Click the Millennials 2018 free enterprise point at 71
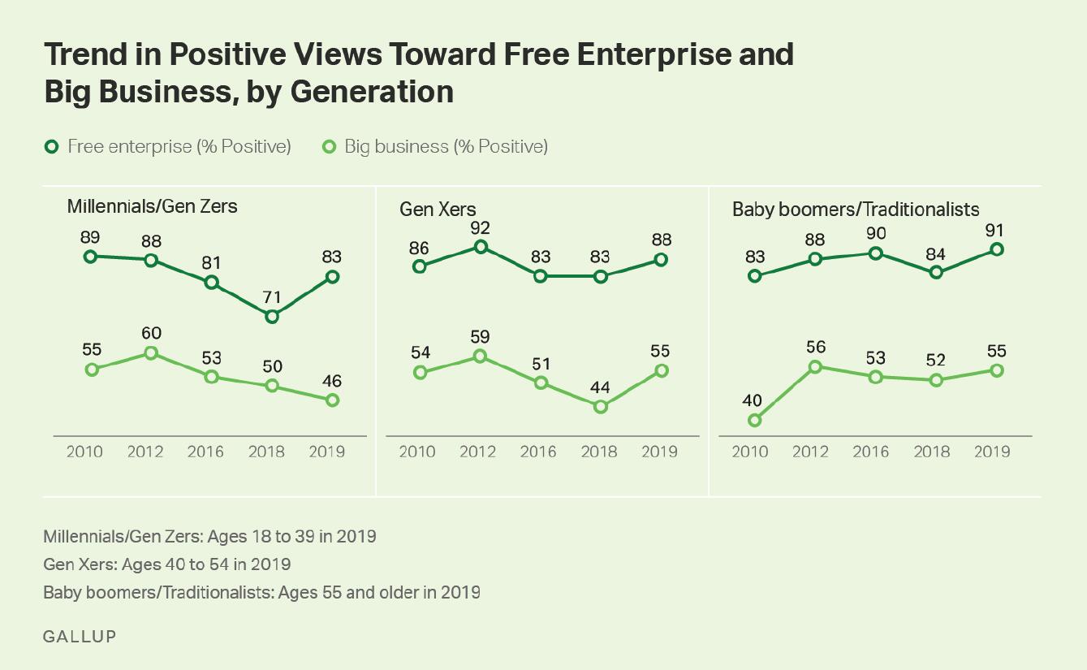(272, 317)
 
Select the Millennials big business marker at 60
(151, 353)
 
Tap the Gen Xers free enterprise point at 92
(480, 247)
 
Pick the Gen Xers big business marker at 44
(600, 407)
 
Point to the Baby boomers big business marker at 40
(754, 420)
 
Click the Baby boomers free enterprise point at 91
(997, 249)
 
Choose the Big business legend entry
(437, 147)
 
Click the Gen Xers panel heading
(438, 209)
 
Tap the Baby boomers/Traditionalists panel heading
(856, 209)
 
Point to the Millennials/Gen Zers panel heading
(152, 206)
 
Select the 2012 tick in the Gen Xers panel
(477, 452)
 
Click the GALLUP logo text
(79, 636)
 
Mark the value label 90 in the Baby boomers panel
(875, 234)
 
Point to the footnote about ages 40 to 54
(166, 564)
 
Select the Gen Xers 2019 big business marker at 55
(661, 370)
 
